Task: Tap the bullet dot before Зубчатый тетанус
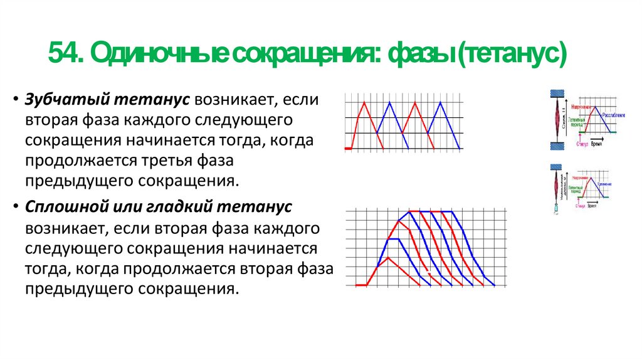(14, 101)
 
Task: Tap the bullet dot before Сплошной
(14, 208)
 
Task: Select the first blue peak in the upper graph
(389, 102)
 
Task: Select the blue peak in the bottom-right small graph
(590, 176)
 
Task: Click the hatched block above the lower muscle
(555, 167)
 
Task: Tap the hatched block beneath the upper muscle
(557, 146)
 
